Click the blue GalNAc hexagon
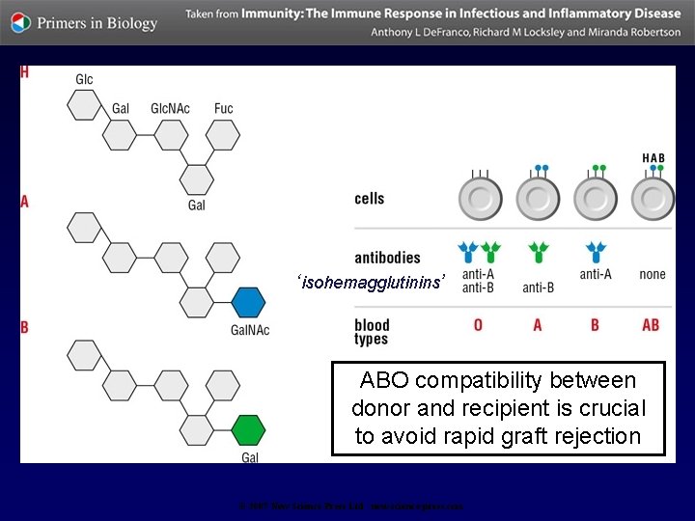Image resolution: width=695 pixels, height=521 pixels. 248,302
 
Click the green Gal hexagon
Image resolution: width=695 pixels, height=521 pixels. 248,428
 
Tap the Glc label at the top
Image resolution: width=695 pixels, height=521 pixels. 84,79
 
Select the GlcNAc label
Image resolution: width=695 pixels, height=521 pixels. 170,108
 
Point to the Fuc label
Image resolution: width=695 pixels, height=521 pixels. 224,108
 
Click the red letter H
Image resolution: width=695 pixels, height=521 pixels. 24,74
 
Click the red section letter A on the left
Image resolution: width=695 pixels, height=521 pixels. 25,202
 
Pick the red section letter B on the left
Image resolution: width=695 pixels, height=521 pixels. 25,328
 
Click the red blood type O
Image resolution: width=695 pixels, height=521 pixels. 478,325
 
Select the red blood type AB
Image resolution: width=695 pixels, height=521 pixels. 652,325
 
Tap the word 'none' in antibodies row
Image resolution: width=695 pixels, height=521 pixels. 653,274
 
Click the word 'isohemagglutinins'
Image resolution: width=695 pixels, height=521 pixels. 373,283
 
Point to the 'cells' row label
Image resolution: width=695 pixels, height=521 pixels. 370,199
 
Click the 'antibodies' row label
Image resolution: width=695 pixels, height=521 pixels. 388,258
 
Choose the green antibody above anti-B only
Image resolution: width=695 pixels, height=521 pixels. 538,253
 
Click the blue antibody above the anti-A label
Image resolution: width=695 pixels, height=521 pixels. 595,253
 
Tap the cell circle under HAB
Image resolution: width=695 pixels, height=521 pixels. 653,199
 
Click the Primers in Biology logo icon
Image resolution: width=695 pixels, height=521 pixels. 21,22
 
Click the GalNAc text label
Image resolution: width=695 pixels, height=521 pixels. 250,330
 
